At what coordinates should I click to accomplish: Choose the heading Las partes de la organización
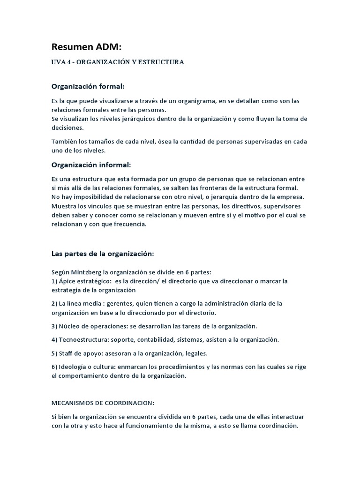(x=102, y=254)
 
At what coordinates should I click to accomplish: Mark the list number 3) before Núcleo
(x=54, y=326)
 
